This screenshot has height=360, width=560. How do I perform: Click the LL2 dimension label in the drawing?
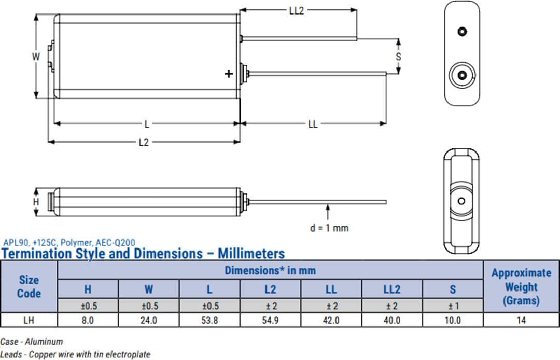coord(297,10)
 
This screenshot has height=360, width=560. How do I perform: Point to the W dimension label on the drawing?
coord(36,57)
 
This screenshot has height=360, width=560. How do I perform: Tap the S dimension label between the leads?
coord(398,57)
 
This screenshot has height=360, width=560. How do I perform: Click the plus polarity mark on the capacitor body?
coord(229,74)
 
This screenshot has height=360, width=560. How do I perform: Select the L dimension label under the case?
coord(147,124)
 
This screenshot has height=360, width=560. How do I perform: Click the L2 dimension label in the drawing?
coord(144,142)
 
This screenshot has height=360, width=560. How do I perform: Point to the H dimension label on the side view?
coord(36,202)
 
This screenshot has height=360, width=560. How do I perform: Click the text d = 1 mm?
coord(329,228)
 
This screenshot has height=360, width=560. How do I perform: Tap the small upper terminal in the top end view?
coord(462,32)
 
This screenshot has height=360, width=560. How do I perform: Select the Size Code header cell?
coord(29,286)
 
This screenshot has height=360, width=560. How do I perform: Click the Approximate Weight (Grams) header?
coord(521,286)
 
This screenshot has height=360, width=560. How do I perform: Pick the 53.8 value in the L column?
coord(209,321)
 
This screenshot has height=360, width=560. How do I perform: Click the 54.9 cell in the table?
coord(270,321)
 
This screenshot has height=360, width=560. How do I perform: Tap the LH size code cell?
coord(29,321)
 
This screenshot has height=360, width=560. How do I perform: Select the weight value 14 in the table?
coord(521,321)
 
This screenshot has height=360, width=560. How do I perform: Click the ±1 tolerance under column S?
coord(453,306)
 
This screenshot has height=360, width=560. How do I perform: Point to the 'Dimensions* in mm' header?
coord(270,270)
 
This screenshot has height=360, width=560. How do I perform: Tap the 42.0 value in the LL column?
coord(331,321)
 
